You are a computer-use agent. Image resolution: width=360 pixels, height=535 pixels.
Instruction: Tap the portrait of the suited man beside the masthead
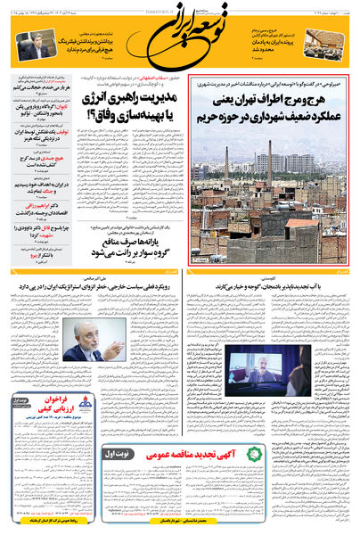pyautogui.click(x=33, y=45)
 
